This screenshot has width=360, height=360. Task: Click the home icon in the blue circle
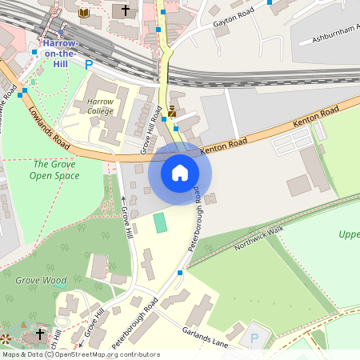pos(179,172)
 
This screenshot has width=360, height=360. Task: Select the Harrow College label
pos(100,107)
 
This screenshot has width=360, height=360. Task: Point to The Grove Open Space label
pos(54,169)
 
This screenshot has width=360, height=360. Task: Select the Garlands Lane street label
pos(206,336)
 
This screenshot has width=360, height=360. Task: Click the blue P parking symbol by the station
pos(89,64)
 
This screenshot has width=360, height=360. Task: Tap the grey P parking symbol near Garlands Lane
pos(254,338)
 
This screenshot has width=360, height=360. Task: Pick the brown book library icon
pos(84,12)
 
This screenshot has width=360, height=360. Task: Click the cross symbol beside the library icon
pos(124,10)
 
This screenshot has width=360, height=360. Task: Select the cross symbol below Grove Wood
pos(40,333)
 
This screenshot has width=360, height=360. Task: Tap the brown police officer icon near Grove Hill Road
pos(171,110)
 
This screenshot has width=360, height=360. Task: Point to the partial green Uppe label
pos(349,234)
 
